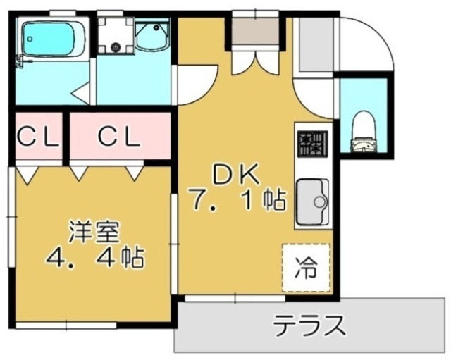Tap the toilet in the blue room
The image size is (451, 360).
click(364, 134)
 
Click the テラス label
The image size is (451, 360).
click(310, 326)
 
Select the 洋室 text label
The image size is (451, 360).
click(94, 230)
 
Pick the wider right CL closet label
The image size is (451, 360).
click(119, 137)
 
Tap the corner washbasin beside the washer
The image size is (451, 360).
click(152, 35)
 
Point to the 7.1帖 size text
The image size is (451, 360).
click(236, 201)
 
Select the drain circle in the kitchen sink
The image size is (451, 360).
click(319, 202)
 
